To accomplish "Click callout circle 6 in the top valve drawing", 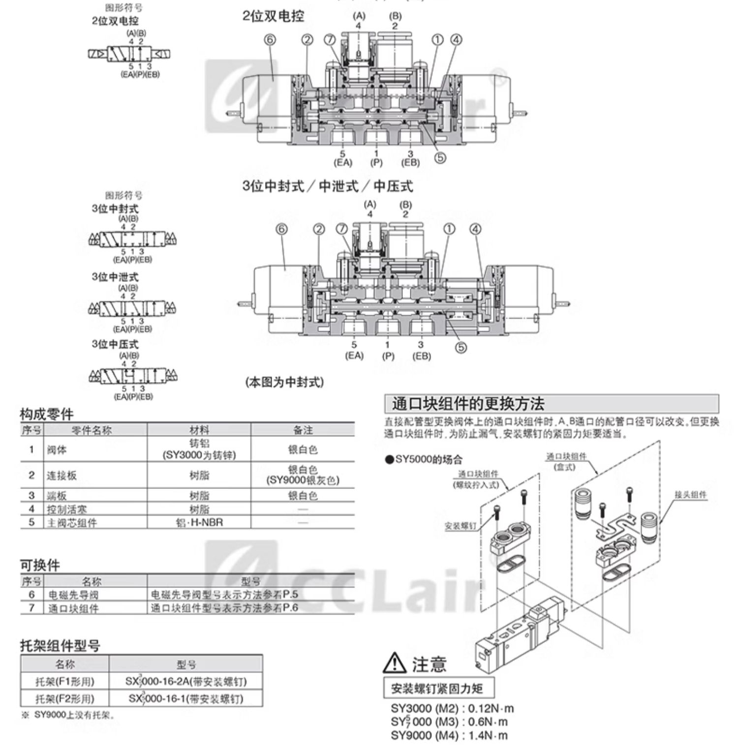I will click(x=270, y=40).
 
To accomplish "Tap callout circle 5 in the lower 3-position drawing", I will click(x=461, y=347).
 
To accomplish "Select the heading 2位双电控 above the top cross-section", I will click(x=273, y=16).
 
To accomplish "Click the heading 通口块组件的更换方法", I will click(x=468, y=404).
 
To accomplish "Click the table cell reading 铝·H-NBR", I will click(x=199, y=522).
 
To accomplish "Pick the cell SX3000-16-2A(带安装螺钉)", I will click(x=185, y=681).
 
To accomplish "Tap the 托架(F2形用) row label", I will click(x=64, y=698).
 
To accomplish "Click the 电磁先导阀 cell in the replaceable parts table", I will click(x=66, y=595).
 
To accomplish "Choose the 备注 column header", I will click(x=303, y=430).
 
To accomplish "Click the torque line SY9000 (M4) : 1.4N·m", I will click(x=449, y=736).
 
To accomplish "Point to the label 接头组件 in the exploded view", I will click(x=690, y=495).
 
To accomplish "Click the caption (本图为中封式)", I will click(x=284, y=382).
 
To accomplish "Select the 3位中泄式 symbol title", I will click(x=115, y=277).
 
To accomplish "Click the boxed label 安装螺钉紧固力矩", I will click(x=436, y=688).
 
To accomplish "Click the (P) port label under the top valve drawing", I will click(x=376, y=163).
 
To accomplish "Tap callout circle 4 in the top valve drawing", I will click(x=456, y=40).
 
